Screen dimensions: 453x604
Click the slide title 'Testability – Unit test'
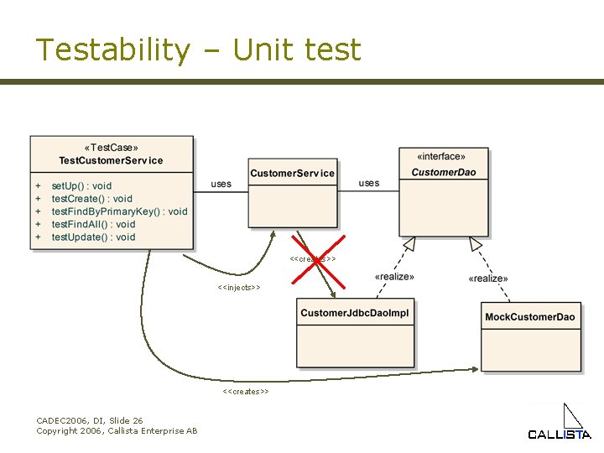(x=198, y=50)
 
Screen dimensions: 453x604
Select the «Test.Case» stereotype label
(x=111, y=148)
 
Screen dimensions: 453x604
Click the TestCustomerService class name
(x=111, y=160)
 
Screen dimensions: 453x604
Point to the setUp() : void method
(x=81, y=185)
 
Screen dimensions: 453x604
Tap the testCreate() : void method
(x=91, y=199)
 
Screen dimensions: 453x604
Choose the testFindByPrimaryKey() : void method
(x=119, y=211)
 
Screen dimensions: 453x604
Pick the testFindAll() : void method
(x=93, y=224)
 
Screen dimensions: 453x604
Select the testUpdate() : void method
(x=93, y=237)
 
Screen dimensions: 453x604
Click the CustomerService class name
(x=292, y=174)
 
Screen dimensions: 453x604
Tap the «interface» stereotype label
(x=442, y=156)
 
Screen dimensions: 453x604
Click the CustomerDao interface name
(x=443, y=173)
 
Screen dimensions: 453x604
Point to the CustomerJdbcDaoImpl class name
(x=355, y=314)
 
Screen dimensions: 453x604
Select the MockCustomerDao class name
(x=530, y=317)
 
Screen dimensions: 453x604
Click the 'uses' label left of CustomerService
(x=221, y=184)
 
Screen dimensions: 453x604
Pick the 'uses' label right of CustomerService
(x=369, y=183)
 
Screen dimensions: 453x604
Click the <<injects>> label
(x=239, y=288)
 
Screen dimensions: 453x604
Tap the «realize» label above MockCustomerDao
(x=487, y=279)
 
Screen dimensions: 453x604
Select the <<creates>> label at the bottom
(x=246, y=392)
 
